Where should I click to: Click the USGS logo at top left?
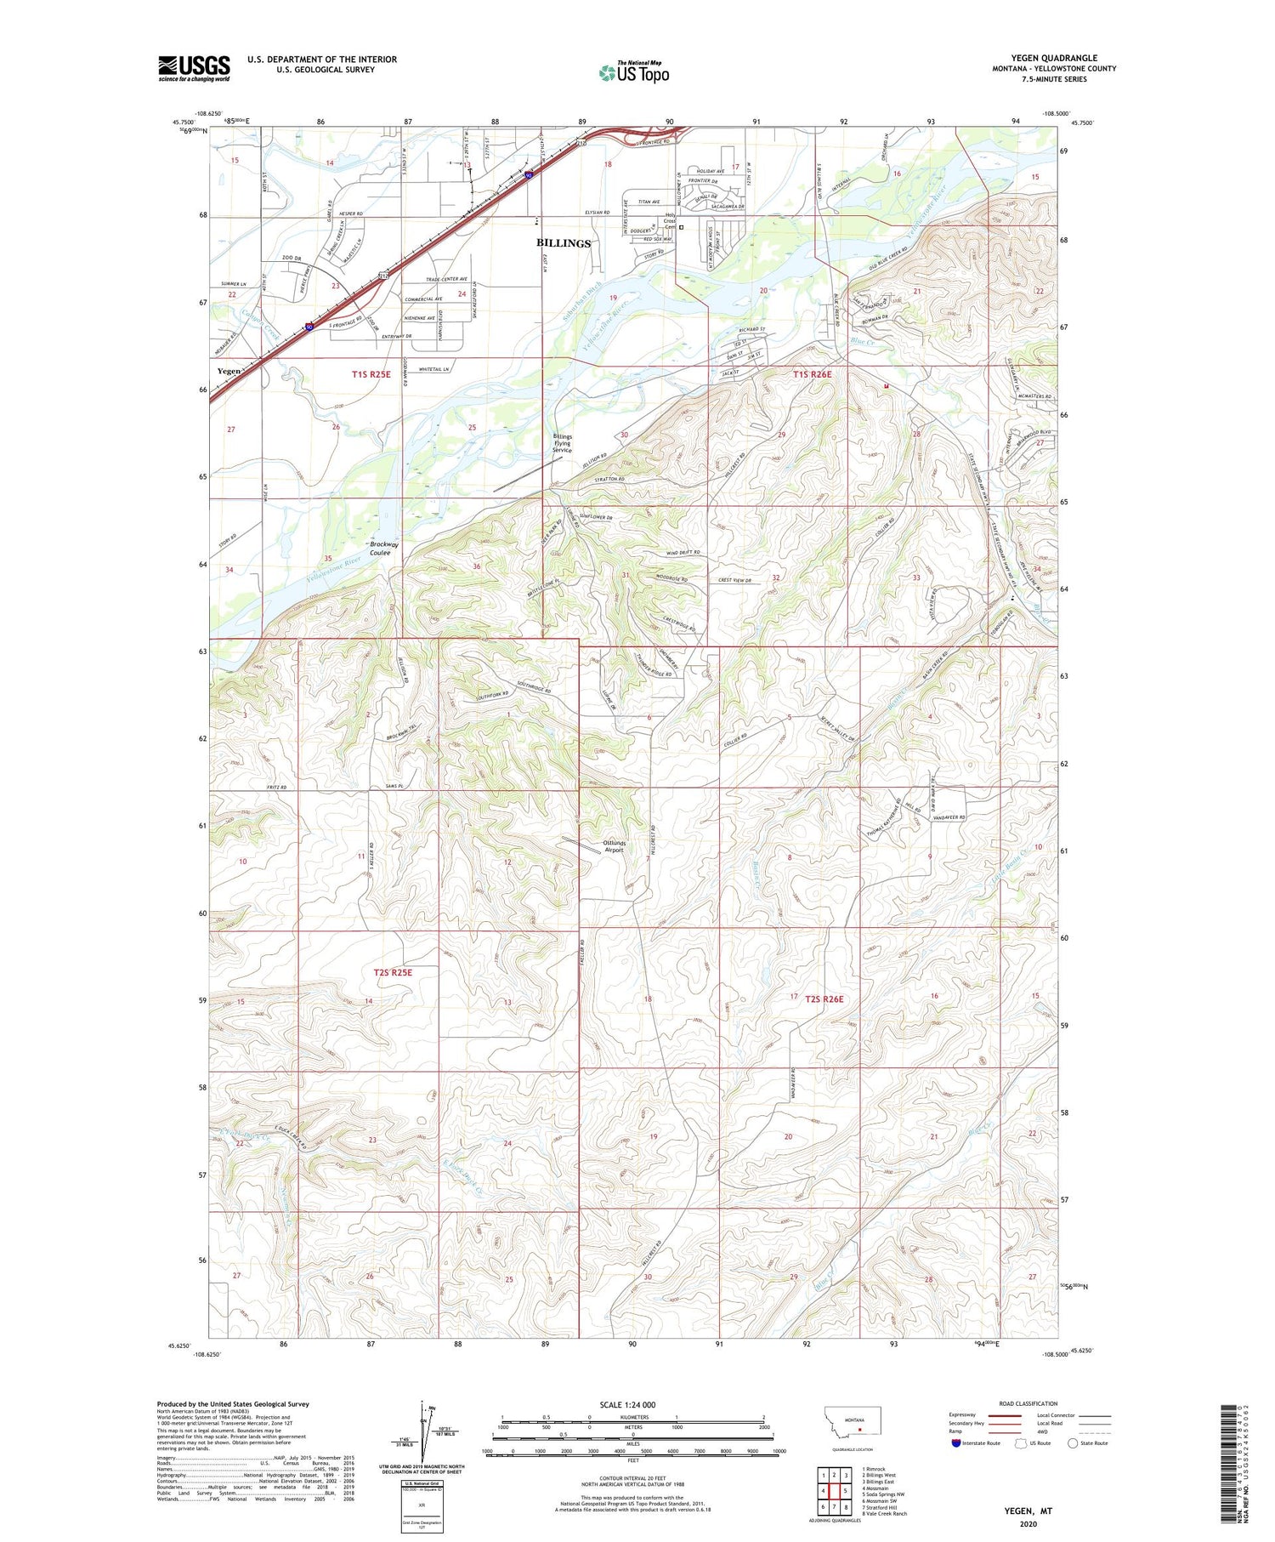[x=194, y=68]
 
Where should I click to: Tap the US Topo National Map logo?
[x=633, y=72]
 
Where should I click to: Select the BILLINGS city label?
[x=563, y=243]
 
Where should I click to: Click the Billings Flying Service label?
[x=563, y=443]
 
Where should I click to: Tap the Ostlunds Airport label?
[x=613, y=846]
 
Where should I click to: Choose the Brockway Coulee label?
[x=380, y=549]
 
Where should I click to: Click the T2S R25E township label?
[x=393, y=971]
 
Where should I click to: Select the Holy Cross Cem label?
[x=670, y=221]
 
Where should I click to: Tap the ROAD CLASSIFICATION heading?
[x=1028, y=1403]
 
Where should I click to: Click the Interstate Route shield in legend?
[x=956, y=1443]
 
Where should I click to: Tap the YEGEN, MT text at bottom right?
[x=1028, y=1511]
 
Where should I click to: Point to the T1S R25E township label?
[x=371, y=374]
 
